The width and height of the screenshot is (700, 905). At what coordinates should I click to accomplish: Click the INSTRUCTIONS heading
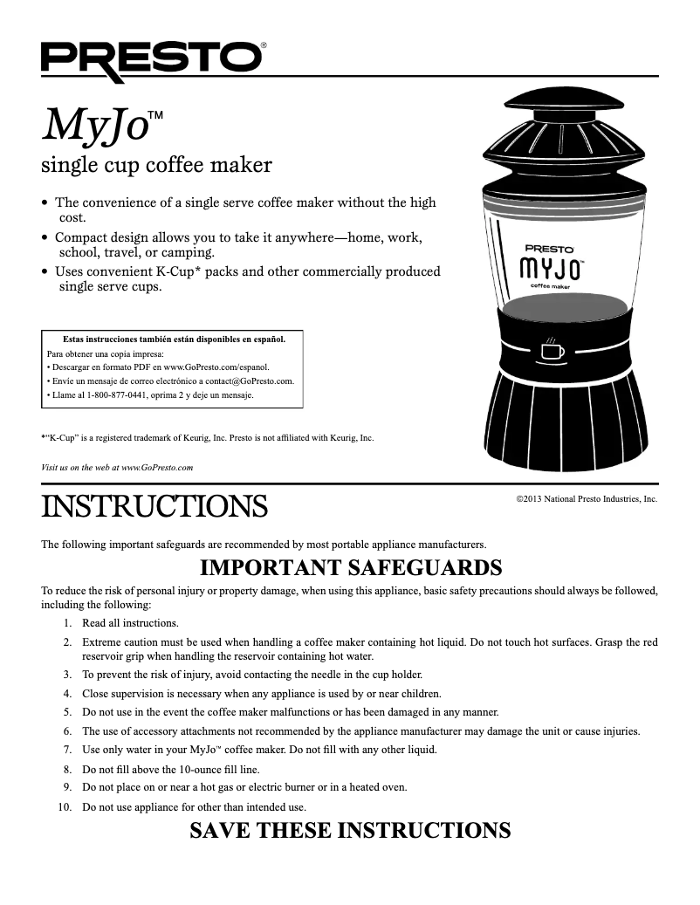154,505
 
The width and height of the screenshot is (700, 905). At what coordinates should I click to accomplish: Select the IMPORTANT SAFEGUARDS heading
351,569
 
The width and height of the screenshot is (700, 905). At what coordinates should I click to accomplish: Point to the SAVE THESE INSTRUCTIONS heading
350,830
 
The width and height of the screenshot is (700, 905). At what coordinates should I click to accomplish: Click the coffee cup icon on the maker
552,350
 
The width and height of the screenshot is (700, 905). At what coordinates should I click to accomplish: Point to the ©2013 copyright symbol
520,499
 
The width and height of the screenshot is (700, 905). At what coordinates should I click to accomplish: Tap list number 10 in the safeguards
64,807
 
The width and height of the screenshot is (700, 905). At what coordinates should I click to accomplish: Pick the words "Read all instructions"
130,623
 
